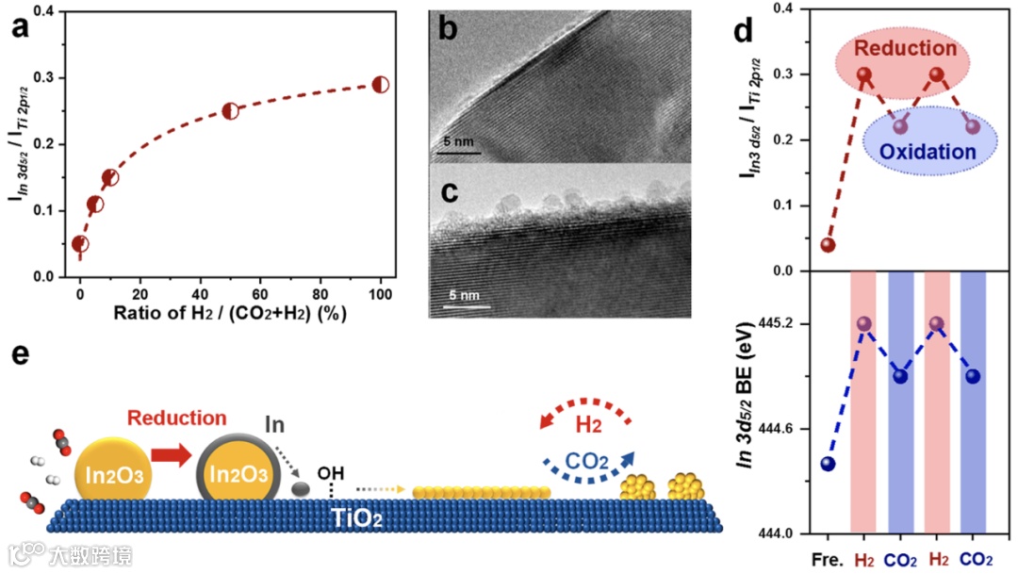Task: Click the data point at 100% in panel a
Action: (x=381, y=85)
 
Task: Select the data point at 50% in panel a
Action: (x=231, y=110)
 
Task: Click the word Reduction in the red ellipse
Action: (x=905, y=48)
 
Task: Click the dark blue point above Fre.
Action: (x=828, y=464)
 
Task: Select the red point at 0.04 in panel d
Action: (x=828, y=245)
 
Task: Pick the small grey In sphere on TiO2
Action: (x=301, y=489)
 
